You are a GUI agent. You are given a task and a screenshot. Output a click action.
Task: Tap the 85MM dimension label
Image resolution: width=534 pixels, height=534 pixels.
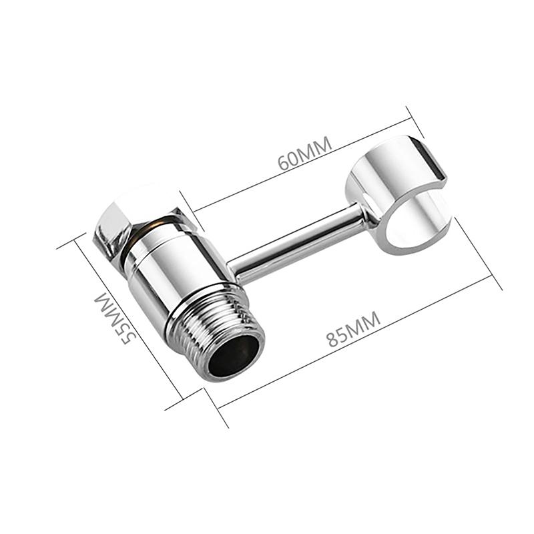tap(354, 328)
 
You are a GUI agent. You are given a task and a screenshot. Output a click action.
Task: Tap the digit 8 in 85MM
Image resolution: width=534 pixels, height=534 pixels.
tap(332, 337)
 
